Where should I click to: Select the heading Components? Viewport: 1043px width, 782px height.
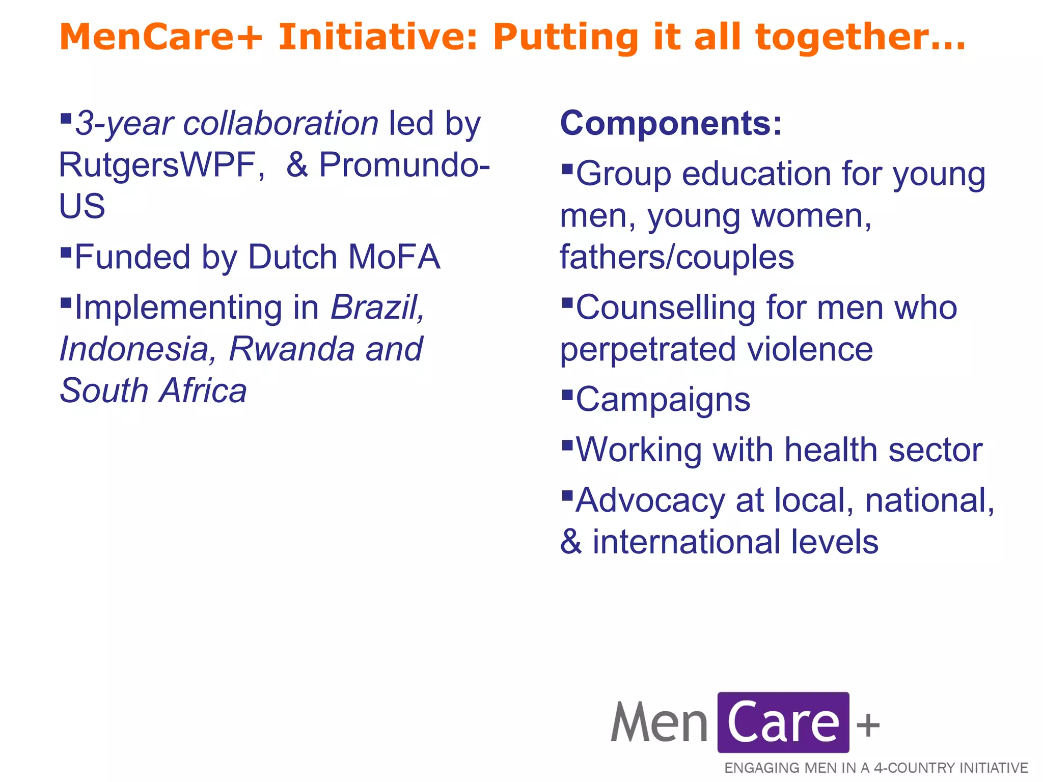pos(671,123)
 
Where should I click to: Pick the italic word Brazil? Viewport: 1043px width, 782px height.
pos(377,308)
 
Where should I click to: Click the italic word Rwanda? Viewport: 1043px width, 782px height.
pos(292,349)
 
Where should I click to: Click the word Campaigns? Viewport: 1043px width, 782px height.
pos(663,400)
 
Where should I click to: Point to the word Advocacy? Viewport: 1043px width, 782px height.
pos(650,500)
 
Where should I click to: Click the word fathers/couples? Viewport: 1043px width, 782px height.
pos(677,257)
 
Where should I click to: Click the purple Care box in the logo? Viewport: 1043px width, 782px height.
pos(783,722)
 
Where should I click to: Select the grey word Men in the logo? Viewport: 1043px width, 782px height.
pos(659,722)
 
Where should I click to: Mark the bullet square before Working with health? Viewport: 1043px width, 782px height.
pos(567,445)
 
